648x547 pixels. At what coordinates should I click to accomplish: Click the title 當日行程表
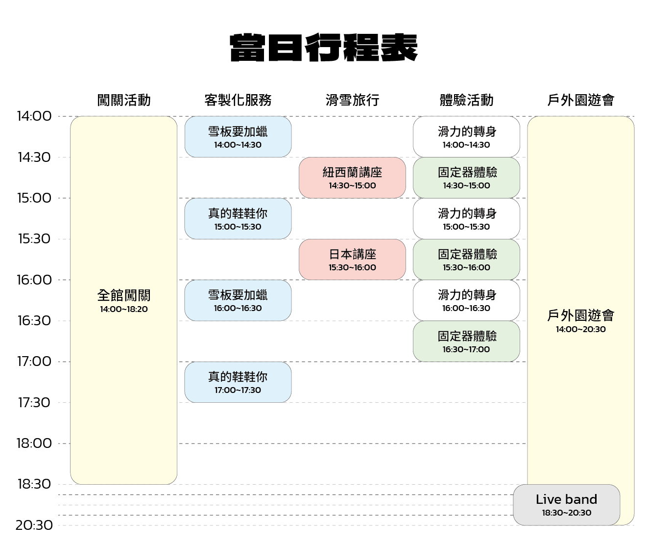click(324, 48)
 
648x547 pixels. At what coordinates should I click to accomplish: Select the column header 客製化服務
click(238, 100)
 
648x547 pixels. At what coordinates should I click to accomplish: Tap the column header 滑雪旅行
click(352, 100)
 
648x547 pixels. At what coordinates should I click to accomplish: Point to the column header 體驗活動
click(466, 100)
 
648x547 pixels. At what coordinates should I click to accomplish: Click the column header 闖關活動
click(124, 100)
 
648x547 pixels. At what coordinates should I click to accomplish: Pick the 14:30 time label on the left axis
click(34, 157)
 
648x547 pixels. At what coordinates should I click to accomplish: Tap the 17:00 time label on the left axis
click(34, 362)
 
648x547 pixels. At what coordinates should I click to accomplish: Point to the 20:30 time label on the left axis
click(34, 525)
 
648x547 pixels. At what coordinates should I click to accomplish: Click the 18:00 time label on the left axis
click(34, 443)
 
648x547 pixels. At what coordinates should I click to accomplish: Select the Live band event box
click(566, 505)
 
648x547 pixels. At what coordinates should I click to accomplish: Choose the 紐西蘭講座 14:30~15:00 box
click(352, 178)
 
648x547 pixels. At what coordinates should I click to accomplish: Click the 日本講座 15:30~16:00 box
click(352, 260)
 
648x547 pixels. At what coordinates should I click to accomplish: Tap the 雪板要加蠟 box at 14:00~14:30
click(238, 137)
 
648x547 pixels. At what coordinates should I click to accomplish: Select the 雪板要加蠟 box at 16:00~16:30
click(238, 300)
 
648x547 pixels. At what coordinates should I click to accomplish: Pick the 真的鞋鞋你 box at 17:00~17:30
click(238, 382)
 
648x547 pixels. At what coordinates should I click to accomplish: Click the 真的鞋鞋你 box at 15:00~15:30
click(238, 218)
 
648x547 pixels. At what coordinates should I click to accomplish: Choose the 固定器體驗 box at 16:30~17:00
click(466, 341)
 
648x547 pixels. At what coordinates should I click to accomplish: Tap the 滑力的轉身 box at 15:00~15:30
click(466, 218)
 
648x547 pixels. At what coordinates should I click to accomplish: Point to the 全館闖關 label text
click(124, 295)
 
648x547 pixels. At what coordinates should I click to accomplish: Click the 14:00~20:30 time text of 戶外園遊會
click(581, 329)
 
